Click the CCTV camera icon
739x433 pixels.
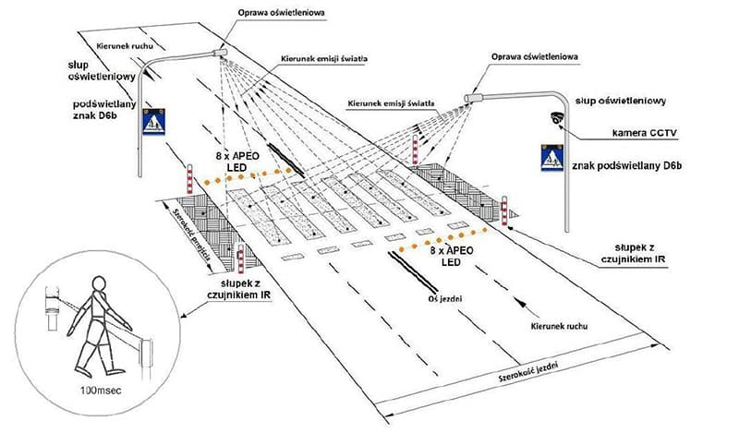coord(557,118)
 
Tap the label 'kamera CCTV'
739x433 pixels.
coord(644,133)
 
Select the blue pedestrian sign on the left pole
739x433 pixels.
coord(154,121)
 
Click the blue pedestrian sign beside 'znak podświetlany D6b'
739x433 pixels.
coord(552,158)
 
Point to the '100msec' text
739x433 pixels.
coord(101,391)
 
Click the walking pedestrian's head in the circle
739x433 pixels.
coord(99,284)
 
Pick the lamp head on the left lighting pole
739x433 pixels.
coord(220,53)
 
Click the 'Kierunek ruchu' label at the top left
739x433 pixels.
coord(125,46)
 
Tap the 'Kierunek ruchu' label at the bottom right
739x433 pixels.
coord(559,326)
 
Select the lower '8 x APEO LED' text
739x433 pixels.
coord(451,256)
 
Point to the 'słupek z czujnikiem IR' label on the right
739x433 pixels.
coord(639,253)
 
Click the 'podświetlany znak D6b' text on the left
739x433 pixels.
coord(104,109)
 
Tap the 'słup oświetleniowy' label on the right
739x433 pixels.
coord(621,101)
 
